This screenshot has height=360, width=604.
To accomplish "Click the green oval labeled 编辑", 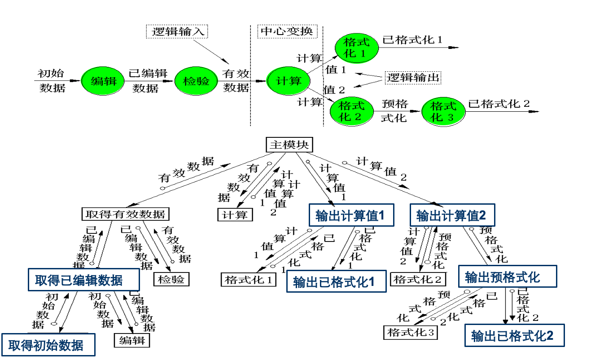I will tap(102, 81).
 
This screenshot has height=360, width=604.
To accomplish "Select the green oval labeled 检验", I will tap(196, 81).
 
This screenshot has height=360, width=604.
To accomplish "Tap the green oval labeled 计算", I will tap(288, 81).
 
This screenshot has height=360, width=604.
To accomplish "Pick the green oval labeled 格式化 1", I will tap(357, 48).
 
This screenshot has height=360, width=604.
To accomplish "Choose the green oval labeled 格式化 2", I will tap(351, 111).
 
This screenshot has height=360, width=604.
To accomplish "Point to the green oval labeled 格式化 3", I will tap(443, 111).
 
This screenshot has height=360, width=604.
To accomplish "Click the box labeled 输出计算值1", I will tap(351, 215).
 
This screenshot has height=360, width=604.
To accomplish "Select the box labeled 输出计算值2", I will tap(452, 215).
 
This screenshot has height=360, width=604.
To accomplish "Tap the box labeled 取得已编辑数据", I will tap(83, 280).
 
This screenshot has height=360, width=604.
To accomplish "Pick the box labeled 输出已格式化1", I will tap(336, 281).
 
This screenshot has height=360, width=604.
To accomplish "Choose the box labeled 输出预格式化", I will tap(507, 277).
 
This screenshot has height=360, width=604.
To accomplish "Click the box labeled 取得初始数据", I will tap(48, 345).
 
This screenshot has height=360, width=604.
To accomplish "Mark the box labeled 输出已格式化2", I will tap(514, 335).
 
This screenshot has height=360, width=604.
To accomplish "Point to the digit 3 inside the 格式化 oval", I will tap(450, 118).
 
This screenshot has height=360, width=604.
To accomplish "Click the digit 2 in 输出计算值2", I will tap(482, 215).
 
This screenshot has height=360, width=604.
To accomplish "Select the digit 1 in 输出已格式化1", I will tap(372, 281).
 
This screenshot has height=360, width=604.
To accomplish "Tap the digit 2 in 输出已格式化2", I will tap(550, 335).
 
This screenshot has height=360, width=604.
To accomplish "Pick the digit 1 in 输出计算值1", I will tap(382, 215).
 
